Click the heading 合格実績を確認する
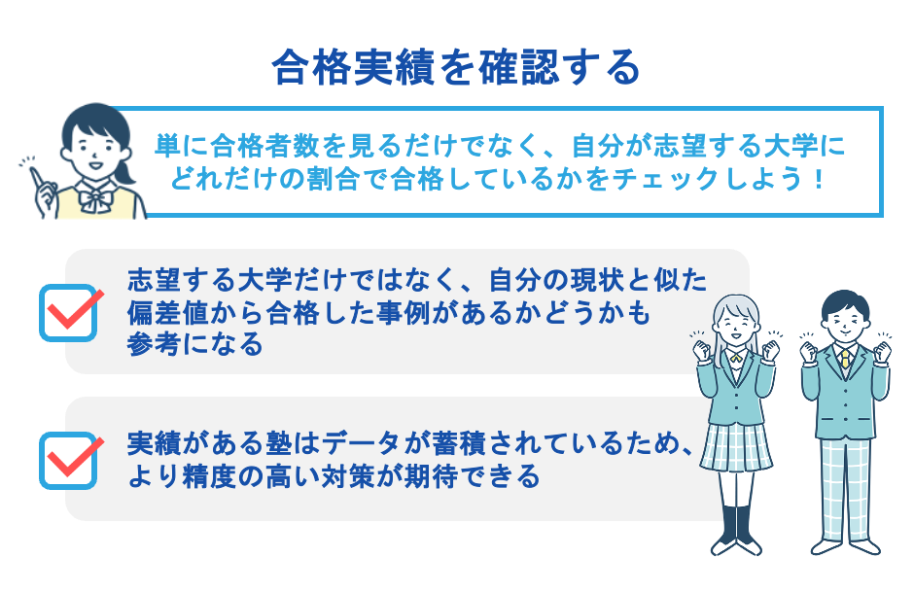456,68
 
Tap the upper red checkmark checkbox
70,311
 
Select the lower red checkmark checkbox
70,459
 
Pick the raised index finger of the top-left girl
36,175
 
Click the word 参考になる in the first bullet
194,344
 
